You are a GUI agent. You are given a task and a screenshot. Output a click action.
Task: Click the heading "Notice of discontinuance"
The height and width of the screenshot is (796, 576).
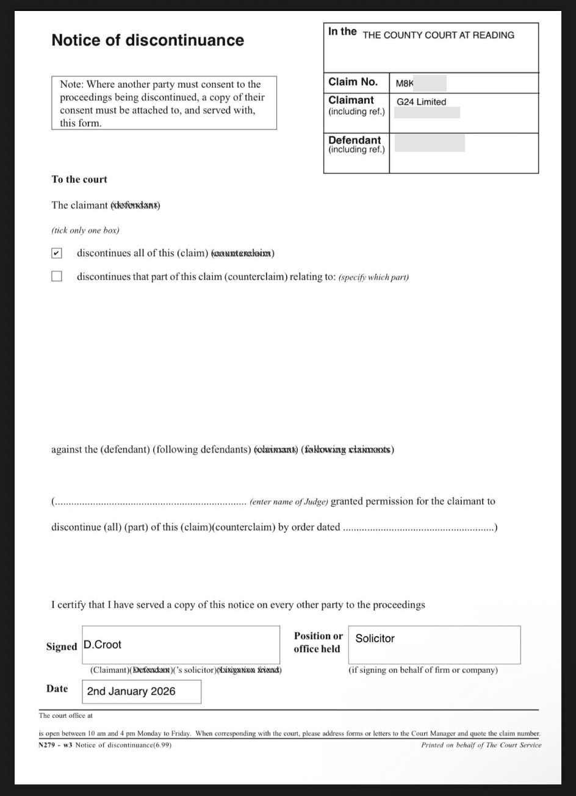[148, 40]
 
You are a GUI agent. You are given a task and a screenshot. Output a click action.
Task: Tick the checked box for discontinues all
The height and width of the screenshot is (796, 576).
[57, 253]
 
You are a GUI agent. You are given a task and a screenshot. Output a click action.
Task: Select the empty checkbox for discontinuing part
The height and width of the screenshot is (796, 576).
[57, 276]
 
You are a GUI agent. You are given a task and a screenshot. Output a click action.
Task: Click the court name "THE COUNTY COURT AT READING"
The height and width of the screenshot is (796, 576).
[438, 35]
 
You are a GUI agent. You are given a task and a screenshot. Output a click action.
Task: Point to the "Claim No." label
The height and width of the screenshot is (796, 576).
[353, 82]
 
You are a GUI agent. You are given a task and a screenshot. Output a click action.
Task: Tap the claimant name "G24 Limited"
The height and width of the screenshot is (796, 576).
[421, 102]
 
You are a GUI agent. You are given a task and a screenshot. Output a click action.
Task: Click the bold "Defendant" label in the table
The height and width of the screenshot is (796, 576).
[354, 140]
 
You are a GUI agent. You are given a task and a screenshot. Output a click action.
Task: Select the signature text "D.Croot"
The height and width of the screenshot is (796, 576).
[103, 645]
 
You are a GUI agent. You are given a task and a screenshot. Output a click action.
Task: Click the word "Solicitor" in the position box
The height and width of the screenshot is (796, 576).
[375, 639]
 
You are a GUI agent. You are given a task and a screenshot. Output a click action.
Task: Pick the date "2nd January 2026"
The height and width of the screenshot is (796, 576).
[131, 691]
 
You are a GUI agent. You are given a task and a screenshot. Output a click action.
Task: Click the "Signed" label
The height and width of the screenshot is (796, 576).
[62, 647]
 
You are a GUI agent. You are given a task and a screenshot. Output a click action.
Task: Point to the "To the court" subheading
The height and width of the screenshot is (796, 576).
[79, 179]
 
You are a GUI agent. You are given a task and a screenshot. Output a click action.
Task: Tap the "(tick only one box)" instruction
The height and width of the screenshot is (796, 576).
[85, 231]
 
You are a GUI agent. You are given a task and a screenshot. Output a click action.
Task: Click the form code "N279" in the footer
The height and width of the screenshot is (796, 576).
[46, 745]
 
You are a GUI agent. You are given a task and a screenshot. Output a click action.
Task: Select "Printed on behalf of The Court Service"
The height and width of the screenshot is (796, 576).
[481, 745]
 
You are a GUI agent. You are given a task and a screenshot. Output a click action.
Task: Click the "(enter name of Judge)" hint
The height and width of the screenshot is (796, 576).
[289, 502]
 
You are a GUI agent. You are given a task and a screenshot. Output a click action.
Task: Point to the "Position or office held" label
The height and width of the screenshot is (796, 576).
[318, 642]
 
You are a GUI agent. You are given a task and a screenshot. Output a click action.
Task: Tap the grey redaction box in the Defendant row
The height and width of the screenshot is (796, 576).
[430, 143]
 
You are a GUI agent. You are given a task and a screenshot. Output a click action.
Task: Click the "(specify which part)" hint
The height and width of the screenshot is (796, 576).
[373, 277]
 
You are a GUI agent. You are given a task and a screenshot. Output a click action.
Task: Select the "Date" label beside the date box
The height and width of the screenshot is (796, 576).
[57, 689]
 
